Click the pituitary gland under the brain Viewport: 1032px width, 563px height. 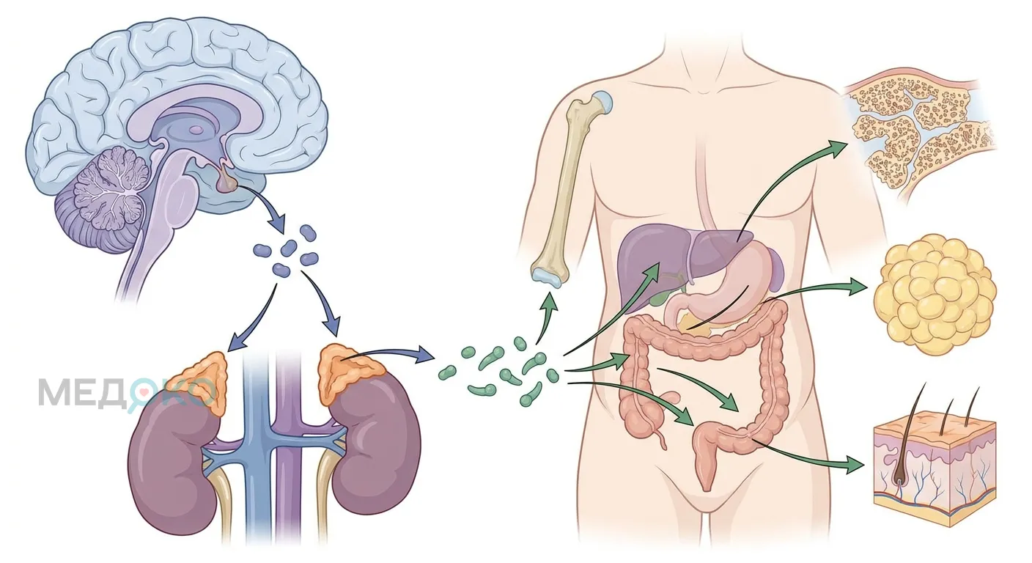click(226, 181)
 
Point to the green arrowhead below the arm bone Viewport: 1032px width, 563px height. click(549, 301)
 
